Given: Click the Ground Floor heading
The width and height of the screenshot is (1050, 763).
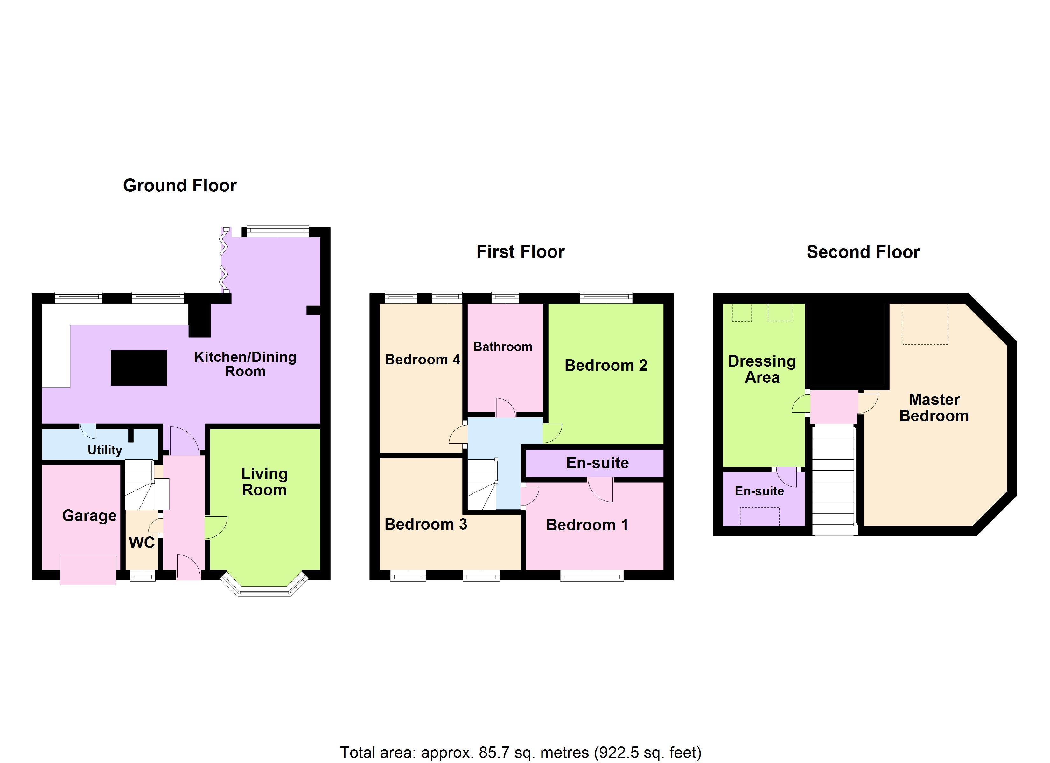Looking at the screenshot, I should [180, 186].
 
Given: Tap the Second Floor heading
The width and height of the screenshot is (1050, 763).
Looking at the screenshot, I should [863, 252].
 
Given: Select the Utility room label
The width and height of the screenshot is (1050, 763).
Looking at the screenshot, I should [105, 450].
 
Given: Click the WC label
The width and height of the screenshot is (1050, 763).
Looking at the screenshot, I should [142, 543].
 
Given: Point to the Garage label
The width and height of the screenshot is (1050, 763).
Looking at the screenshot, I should [89, 515].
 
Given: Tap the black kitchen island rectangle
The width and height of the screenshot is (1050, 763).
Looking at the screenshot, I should [139, 368].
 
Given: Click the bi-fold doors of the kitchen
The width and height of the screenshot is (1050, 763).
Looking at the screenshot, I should [225, 261].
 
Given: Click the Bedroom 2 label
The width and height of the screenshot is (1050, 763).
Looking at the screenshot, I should [605, 366].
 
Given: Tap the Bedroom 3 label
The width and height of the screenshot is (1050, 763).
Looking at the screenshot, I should [425, 524].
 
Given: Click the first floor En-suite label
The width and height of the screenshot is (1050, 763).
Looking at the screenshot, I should [597, 463].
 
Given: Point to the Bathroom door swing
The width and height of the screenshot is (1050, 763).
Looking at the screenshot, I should [506, 407].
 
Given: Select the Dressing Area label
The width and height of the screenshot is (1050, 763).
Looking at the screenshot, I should [762, 369].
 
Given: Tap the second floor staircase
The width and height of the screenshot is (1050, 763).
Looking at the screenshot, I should [833, 481].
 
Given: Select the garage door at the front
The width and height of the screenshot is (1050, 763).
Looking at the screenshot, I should [88, 570].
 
